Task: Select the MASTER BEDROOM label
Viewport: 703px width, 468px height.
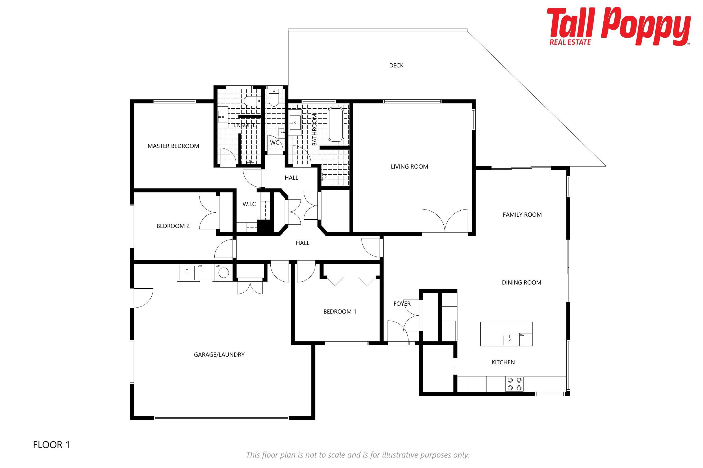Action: (173, 146)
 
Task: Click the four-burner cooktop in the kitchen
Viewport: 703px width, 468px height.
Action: (515, 384)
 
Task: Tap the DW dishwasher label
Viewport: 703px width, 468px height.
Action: (522, 335)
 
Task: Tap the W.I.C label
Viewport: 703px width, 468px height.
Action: (249, 204)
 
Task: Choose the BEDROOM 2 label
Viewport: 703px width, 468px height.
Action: (173, 226)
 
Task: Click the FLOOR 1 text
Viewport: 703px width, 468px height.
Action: (51, 445)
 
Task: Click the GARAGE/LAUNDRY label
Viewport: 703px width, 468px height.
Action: (219, 355)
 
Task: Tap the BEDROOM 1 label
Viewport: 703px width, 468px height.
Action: (340, 312)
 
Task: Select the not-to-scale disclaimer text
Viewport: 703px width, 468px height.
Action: (358, 455)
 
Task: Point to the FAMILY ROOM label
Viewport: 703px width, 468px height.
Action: (522, 215)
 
